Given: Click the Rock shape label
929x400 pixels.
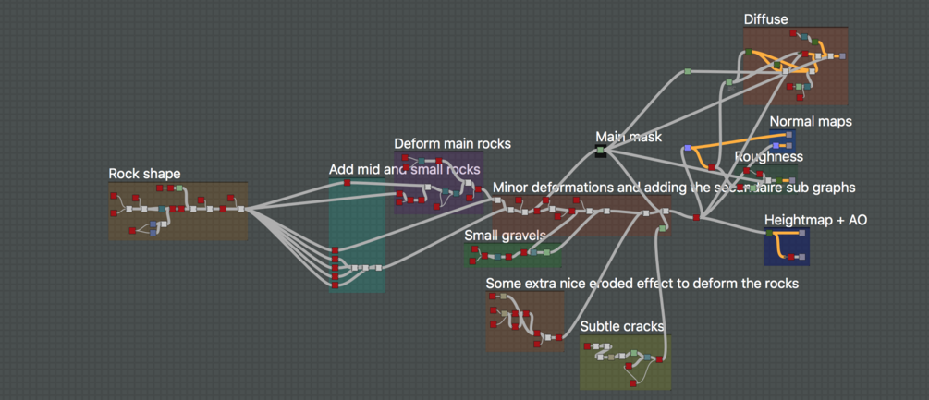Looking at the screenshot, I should [x=144, y=174].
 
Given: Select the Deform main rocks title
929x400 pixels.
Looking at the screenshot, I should [x=452, y=143].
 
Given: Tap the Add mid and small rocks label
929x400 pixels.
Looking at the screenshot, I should [x=404, y=170].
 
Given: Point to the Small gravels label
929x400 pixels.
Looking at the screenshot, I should [x=505, y=236].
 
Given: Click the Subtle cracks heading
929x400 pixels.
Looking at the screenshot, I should [x=622, y=326].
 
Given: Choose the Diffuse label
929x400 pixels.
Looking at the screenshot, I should [x=765, y=19].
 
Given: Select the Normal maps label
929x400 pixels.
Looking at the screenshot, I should [x=810, y=121].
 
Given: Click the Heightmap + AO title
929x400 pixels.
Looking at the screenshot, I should [x=815, y=220].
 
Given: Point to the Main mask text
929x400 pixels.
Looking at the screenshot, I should [x=629, y=137].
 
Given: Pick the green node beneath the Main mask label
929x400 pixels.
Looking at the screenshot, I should [x=600, y=150].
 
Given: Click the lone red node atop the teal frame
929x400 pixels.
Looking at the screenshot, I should [x=348, y=183].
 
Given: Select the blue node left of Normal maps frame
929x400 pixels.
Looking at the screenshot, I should [x=687, y=148].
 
